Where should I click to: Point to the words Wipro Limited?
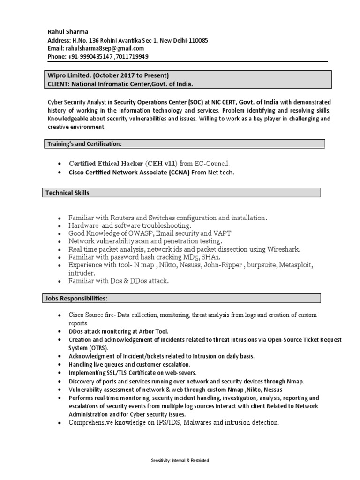[x=68, y=75]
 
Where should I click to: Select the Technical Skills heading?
[x=67, y=193]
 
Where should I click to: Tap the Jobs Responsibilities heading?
[x=76, y=298]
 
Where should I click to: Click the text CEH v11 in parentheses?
[x=161, y=164]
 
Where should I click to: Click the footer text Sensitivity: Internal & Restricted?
[x=180, y=461]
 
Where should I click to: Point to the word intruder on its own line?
[x=82, y=273]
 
